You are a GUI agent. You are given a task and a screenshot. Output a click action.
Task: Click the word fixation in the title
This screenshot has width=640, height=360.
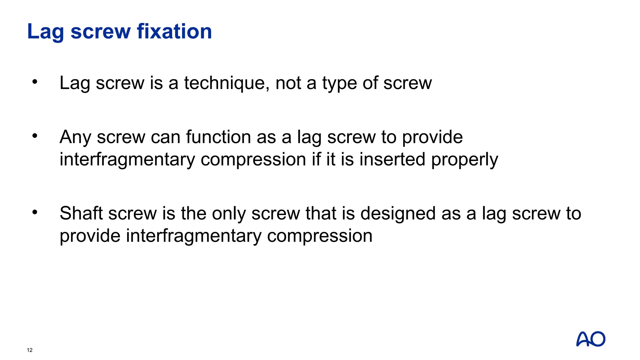pyautogui.click(x=174, y=32)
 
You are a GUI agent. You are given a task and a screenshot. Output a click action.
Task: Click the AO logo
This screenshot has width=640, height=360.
pyautogui.click(x=591, y=339)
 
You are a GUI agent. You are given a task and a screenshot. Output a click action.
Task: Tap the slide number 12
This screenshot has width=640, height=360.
pyautogui.click(x=30, y=350)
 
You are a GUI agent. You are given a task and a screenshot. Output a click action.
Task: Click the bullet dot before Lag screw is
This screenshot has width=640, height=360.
pyautogui.click(x=35, y=82)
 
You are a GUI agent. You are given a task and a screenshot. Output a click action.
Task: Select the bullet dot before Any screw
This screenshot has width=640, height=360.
pyautogui.click(x=35, y=136)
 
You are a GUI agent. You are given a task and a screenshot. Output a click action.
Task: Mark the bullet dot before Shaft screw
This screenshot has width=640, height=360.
pyautogui.click(x=35, y=212)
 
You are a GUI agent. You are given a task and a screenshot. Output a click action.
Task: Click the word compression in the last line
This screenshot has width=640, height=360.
pyautogui.click(x=320, y=236)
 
